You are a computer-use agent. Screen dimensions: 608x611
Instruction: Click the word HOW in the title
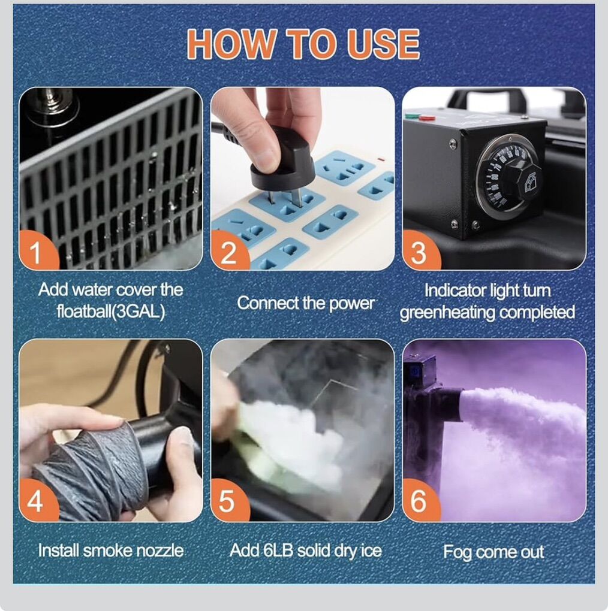(x=233, y=44)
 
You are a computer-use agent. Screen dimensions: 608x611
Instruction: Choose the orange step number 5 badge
(x=229, y=501)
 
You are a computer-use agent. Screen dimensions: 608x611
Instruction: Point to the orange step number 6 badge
(x=420, y=501)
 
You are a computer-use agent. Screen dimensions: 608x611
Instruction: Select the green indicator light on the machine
(x=410, y=116)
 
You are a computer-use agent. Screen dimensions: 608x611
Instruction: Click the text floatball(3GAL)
(x=111, y=311)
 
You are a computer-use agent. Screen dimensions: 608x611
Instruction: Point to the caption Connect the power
(x=306, y=303)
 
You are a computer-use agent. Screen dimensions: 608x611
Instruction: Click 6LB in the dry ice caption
(x=278, y=550)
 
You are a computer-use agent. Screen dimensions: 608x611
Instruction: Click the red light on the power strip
(x=381, y=159)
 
